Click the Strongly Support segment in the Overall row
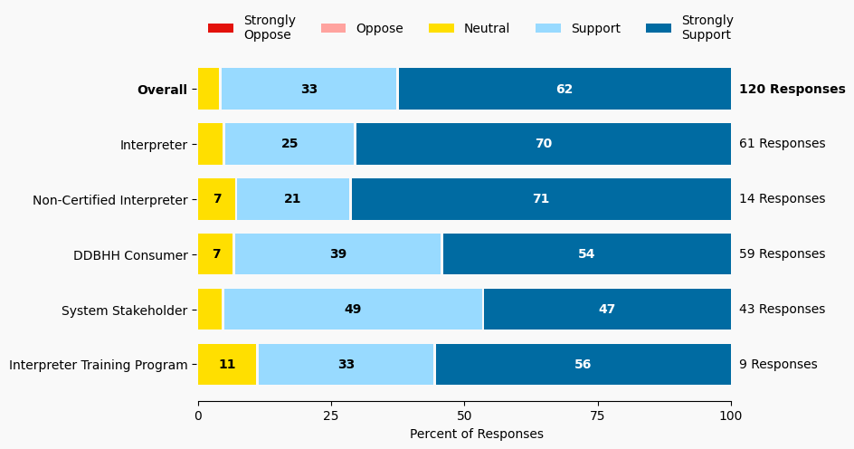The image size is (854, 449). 565,89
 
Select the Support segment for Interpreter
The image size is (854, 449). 289,144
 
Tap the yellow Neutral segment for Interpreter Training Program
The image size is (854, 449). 227,364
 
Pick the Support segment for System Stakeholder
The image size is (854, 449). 353,309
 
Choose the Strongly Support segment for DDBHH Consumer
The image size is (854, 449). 586,253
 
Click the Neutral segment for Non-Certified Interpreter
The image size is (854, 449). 217,199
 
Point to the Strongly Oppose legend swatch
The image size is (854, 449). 221,28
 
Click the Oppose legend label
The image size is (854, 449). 379,28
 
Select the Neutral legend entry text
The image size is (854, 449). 486,28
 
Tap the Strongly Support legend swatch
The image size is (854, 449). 659,28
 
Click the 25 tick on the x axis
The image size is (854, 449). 331,416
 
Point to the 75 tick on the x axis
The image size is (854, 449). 598,416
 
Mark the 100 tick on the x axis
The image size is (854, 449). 731,416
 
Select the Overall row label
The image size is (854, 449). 162,90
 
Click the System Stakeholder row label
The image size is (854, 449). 124,310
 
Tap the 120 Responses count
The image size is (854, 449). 792,89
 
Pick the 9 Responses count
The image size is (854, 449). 778,364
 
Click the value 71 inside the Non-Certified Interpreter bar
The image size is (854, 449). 541,199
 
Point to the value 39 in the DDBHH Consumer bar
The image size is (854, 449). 337,253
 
